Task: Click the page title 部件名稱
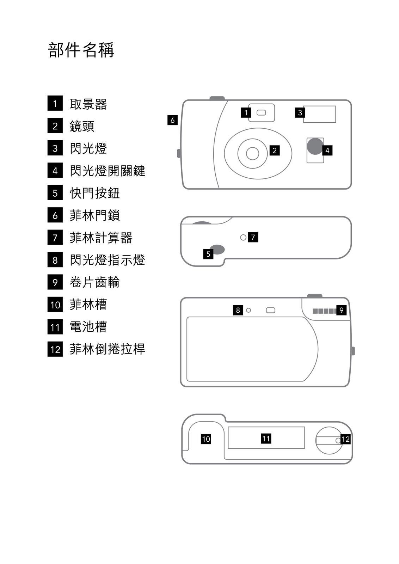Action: [x=81, y=50]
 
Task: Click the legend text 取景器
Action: [x=88, y=104]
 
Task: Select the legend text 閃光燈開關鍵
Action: [x=108, y=171]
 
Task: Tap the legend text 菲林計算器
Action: [x=101, y=238]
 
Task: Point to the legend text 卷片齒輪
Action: [x=94, y=282]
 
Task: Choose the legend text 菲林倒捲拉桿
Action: [x=108, y=349]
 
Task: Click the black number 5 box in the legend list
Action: [x=55, y=193]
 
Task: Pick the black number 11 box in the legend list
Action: [x=55, y=327]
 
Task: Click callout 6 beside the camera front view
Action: [x=172, y=120]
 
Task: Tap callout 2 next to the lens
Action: [x=275, y=151]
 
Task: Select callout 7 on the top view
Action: [x=253, y=237]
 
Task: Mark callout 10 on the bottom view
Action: [x=206, y=439]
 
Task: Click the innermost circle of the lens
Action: [x=252, y=153]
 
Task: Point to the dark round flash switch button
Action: [x=315, y=146]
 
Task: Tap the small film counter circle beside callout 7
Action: [x=243, y=238]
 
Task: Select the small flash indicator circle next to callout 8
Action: [x=248, y=310]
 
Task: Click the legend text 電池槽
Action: [x=88, y=327]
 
